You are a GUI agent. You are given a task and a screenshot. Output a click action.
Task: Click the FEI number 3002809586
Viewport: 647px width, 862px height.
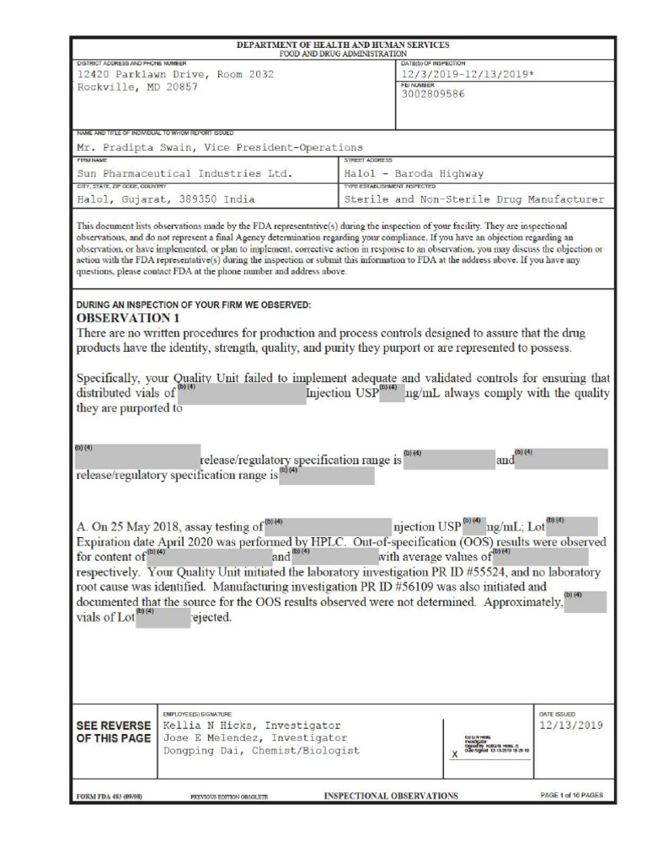433,93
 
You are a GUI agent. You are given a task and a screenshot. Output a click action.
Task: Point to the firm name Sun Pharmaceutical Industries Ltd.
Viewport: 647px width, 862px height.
184,173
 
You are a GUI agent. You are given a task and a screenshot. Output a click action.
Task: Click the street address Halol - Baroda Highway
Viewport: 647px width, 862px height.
414,173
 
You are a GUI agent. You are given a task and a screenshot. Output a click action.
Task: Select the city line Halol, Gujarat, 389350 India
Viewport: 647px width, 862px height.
166,200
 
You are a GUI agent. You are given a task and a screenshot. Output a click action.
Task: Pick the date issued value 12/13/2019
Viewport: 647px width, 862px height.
570,725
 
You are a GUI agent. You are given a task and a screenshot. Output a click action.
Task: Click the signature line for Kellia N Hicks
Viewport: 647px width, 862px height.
251,725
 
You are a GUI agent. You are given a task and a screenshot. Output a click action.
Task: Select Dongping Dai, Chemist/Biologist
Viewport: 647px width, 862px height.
260,750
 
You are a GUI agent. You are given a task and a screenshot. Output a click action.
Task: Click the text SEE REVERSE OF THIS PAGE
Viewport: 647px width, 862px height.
114,732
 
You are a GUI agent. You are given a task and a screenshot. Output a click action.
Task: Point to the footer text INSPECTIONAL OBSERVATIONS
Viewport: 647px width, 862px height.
391,795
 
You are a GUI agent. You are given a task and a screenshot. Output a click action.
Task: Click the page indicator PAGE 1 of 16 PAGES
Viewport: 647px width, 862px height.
570,795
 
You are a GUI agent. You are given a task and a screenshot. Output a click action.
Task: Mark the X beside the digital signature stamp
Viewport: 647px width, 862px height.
455,754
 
